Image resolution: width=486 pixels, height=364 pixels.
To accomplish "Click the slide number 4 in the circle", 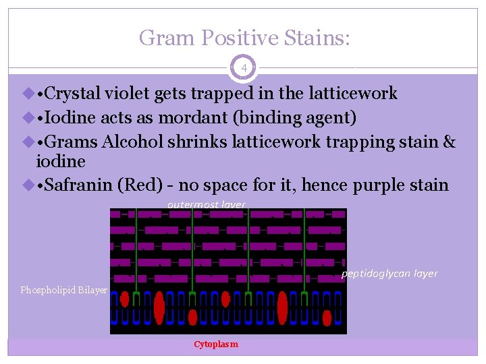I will click(243, 68).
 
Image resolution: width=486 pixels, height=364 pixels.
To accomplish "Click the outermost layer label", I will click(207, 204).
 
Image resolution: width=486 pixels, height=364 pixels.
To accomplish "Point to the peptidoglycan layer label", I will click(389, 273).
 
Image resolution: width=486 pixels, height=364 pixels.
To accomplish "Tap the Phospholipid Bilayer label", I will click(63, 290).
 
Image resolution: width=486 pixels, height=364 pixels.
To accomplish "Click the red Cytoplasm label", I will click(216, 344).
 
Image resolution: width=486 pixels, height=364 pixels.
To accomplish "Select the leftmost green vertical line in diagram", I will click(136, 249).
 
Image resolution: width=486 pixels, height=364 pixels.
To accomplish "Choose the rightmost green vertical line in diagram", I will click(305, 249).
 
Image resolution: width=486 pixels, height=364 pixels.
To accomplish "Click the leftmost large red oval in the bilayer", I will click(159, 308).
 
